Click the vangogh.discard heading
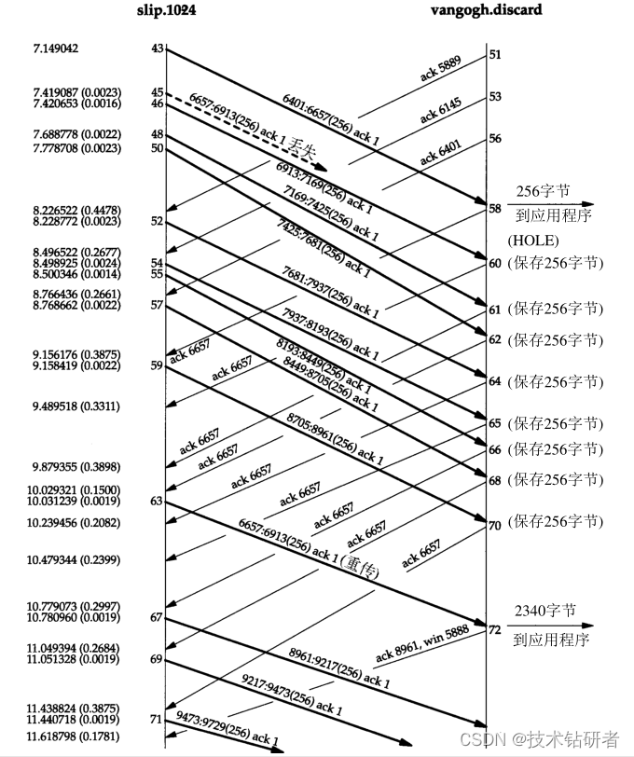pyautogui.click(x=486, y=9)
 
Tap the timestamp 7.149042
pyautogui.click(x=56, y=48)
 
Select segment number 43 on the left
pyautogui.click(x=157, y=48)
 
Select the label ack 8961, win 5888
pyautogui.click(x=423, y=646)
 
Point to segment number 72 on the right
pyautogui.click(x=494, y=631)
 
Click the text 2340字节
pyautogui.click(x=544, y=612)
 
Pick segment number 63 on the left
pyautogui.click(x=157, y=502)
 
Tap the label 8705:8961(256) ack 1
pyautogui.click(x=336, y=441)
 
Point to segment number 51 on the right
pyautogui.click(x=494, y=55)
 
